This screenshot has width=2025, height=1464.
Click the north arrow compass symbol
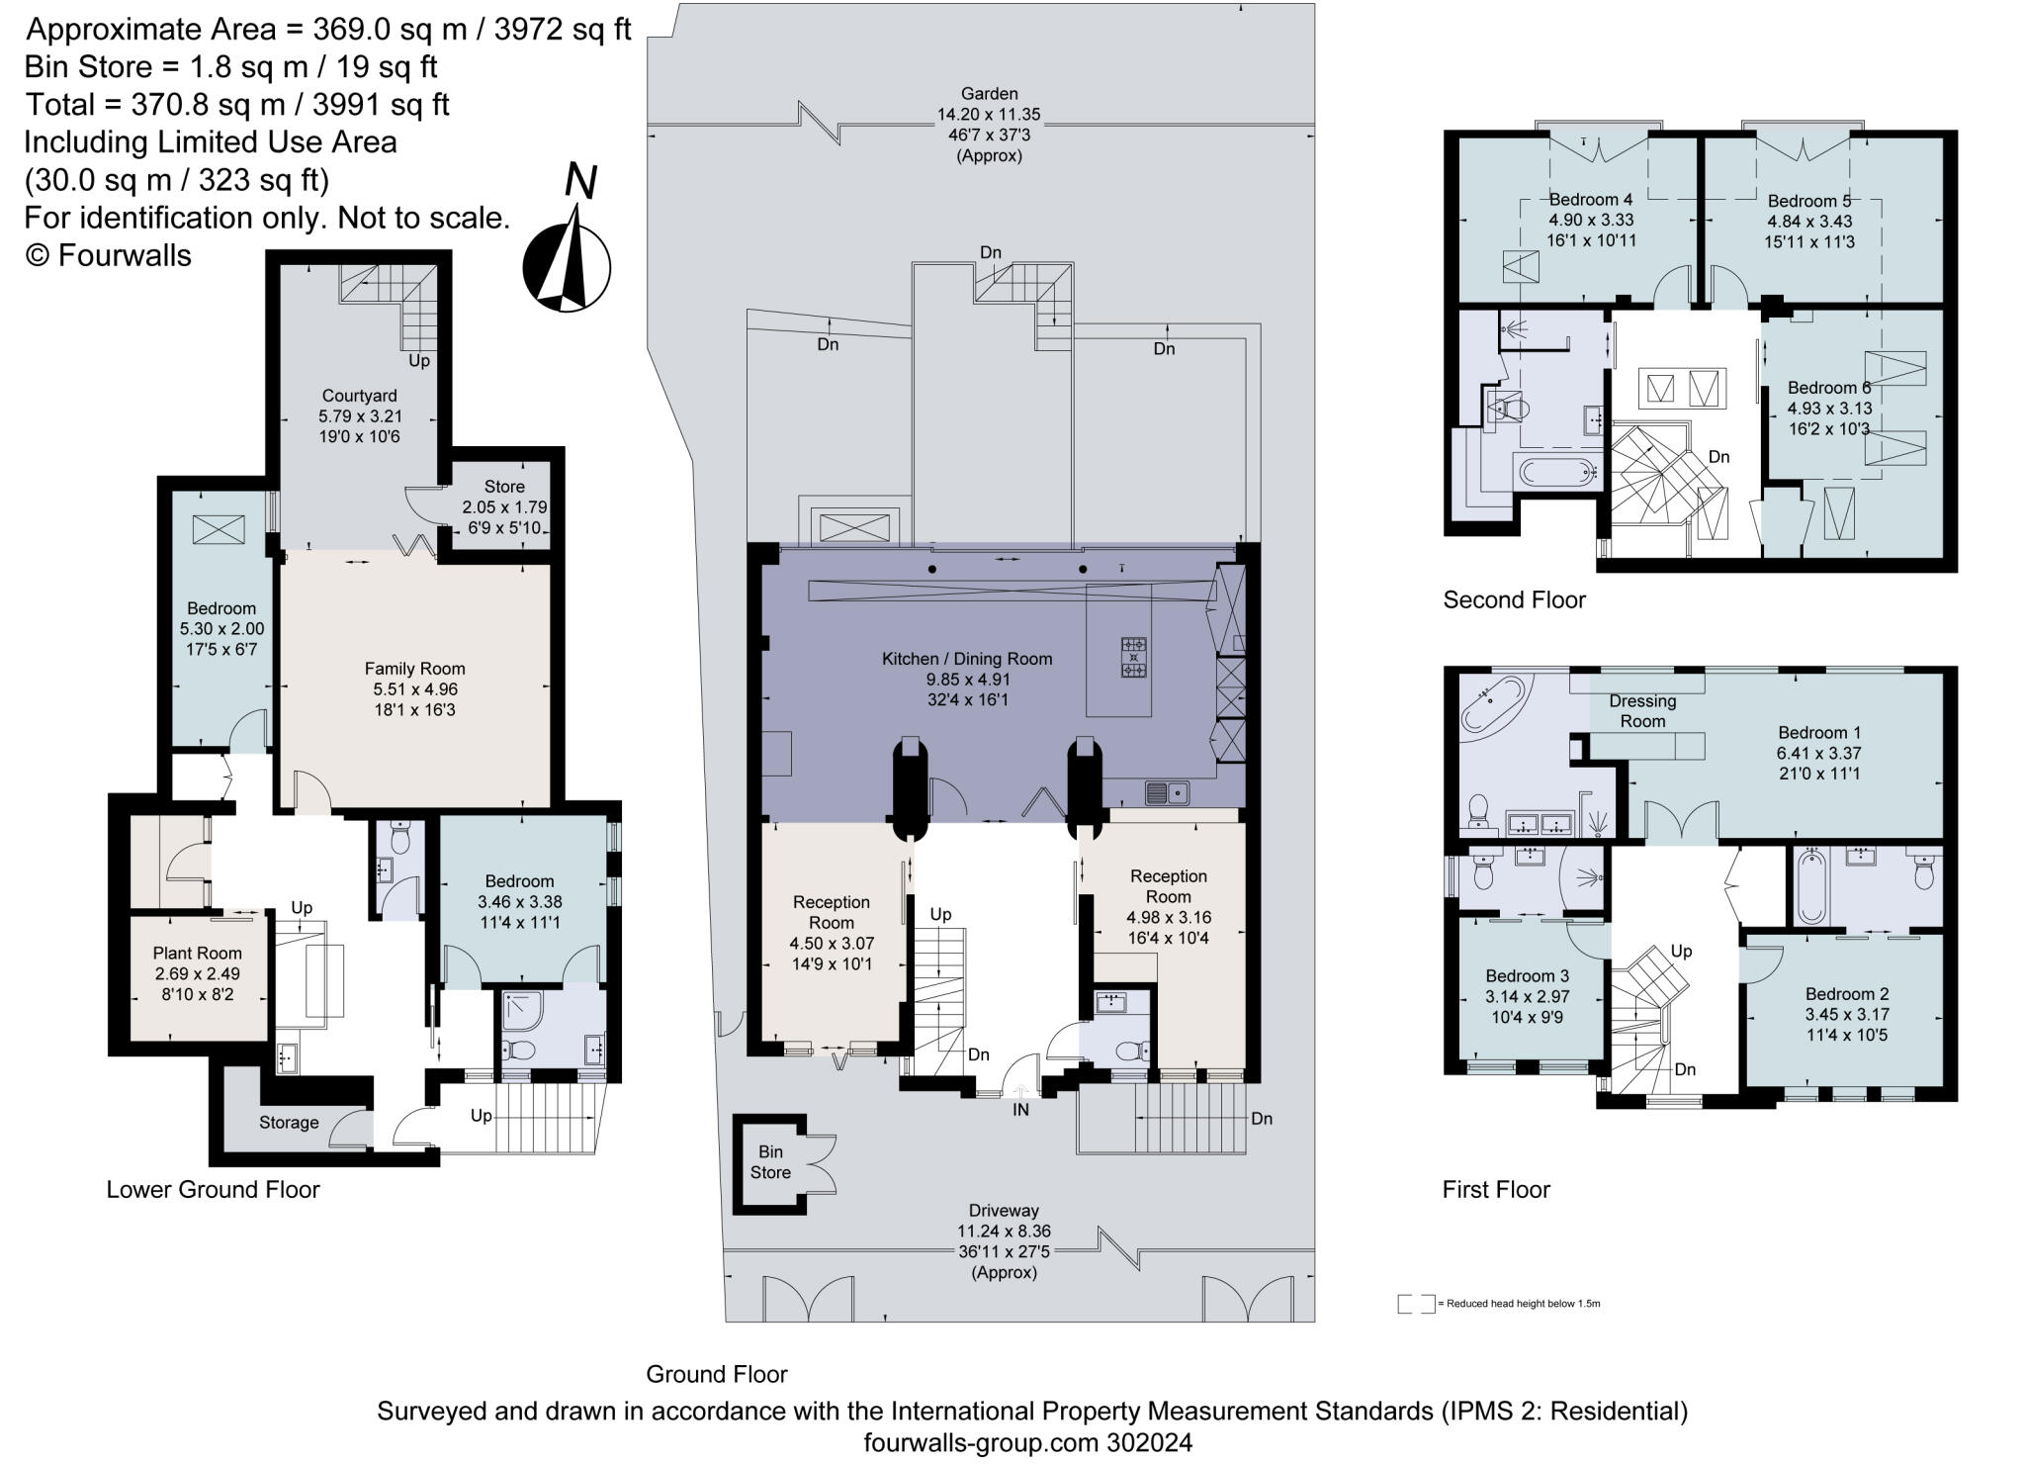(567, 265)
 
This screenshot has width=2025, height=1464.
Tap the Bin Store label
(770, 1162)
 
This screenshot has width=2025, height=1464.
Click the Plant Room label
(197, 954)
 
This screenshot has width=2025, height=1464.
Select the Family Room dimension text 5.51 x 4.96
(414, 689)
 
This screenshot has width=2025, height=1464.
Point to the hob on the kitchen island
(1134, 658)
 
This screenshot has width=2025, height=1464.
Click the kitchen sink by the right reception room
(1167, 792)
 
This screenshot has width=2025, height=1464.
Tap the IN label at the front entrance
(1020, 1110)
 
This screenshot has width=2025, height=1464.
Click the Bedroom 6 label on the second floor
(1828, 388)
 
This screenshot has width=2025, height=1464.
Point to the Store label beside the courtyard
(504, 487)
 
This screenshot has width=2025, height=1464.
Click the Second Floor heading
(1514, 599)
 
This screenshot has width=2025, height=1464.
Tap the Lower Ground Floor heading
(213, 1189)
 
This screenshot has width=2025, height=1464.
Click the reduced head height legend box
(1415, 1304)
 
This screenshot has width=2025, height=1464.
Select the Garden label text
(989, 94)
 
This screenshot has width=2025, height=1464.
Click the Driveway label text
(1004, 1210)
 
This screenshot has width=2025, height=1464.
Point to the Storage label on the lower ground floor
(289, 1123)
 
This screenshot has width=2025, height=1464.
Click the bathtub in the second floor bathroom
(1558, 472)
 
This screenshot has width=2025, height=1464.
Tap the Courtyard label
(361, 396)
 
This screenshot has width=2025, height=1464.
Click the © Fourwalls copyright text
(108, 255)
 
